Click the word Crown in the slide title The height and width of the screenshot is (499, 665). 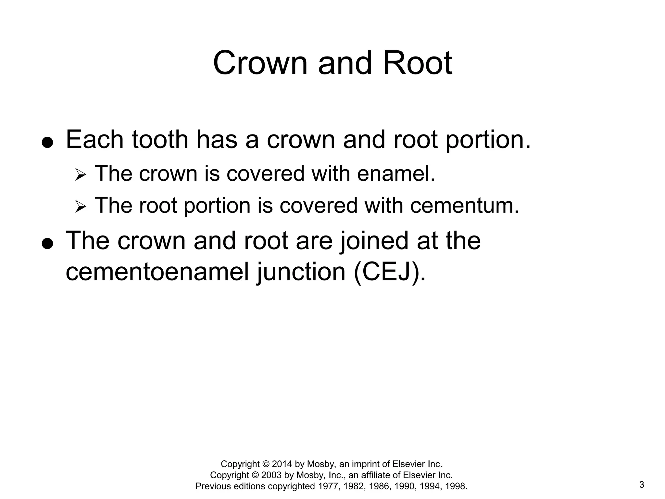[x=260, y=63]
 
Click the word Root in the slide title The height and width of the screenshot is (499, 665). [x=418, y=63]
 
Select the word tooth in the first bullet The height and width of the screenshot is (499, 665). [x=160, y=140]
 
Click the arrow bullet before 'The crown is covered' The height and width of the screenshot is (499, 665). [x=80, y=175]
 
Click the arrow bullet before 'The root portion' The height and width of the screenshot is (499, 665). [x=80, y=207]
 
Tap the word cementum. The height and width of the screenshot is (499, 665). [x=465, y=206]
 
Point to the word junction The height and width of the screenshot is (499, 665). [x=301, y=272]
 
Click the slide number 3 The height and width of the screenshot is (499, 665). [x=642, y=485]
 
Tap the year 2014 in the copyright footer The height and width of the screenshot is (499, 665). [x=282, y=464]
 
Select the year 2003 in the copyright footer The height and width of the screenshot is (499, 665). [x=271, y=475]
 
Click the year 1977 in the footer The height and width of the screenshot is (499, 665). [x=328, y=486]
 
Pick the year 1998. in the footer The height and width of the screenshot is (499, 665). [x=457, y=486]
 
